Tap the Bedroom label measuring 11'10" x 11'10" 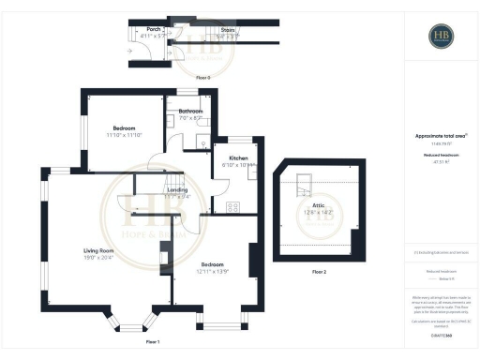click(x=125, y=128)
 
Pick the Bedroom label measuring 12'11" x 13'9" click(x=214, y=265)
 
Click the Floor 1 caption click(x=153, y=342)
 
